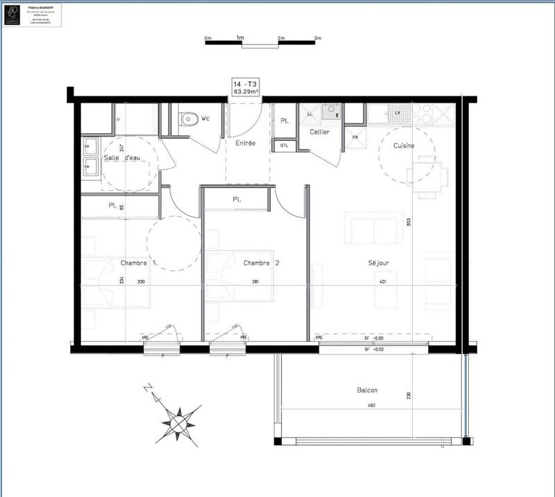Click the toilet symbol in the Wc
pyautogui.click(x=187, y=119)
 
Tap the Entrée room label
pyautogui.click(x=245, y=143)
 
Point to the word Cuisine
pyautogui.click(x=404, y=146)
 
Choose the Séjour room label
pyautogui.click(x=378, y=263)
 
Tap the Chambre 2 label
pyautogui.click(x=261, y=263)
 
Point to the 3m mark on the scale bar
pyautogui.click(x=318, y=37)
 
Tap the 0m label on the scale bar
pyautogui.click(x=207, y=37)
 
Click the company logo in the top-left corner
pyautogui.click(x=13, y=14)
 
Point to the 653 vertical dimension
pyautogui.click(x=409, y=223)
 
